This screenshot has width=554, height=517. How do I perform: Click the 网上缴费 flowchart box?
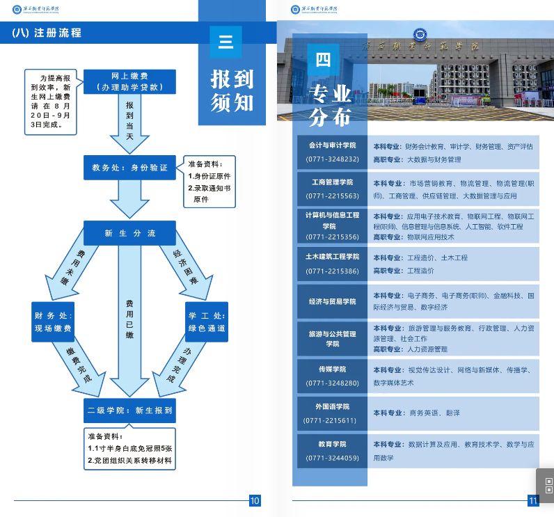[x=129, y=81]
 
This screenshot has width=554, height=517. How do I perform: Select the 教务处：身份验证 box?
[x=129, y=168]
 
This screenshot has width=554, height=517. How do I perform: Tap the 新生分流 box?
[x=129, y=233]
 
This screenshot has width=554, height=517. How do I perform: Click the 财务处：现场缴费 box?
[x=54, y=321]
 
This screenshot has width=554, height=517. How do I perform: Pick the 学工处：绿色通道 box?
[x=207, y=321]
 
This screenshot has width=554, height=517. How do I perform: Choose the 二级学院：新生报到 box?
[x=129, y=411]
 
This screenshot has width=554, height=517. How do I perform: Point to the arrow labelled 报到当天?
[x=129, y=122]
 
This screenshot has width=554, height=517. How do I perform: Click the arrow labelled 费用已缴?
[x=129, y=320]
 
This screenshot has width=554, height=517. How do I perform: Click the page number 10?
[x=255, y=500]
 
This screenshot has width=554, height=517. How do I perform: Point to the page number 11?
[x=534, y=500]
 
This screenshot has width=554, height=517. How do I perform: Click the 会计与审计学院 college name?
[x=332, y=145]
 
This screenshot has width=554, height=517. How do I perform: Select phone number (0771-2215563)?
[x=332, y=196]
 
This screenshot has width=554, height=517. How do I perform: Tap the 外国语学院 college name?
[x=332, y=406]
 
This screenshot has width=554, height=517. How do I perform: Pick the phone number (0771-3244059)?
[x=332, y=458]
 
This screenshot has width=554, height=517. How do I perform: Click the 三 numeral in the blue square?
[x=225, y=42]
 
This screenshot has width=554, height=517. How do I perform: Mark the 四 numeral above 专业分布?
[x=323, y=60]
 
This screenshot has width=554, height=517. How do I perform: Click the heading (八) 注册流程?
[x=47, y=33]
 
